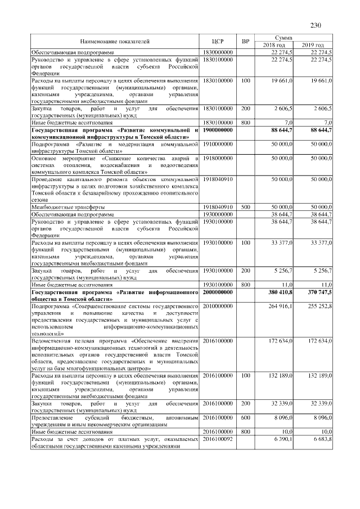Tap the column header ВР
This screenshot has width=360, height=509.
coord(245,41)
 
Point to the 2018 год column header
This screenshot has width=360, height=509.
coord(274,45)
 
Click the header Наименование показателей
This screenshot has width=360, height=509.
coord(115,41)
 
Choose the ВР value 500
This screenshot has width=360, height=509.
coord(245,208)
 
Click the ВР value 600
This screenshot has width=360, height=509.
coord(245,418)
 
